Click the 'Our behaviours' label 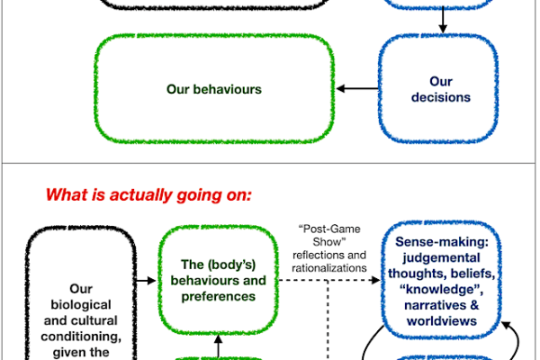tap(214, 89)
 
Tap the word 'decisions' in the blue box tap(441, 97)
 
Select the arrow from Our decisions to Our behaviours tap(357, 89)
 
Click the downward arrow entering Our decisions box tap(443, 20)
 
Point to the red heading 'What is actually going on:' tap(148, 195)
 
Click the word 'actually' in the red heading tap(141, 195)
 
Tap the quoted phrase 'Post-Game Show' tap(329, 235)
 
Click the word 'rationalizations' tap(329, 268)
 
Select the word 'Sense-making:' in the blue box tap(442, 242)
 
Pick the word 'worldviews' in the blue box tap(442, 321)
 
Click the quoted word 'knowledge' tap(442, 290)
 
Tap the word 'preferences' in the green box tap(219, 297)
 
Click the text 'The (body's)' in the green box tap(219, 265)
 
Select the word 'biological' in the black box tap(81, 305)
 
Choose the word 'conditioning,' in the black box tap(81, 337)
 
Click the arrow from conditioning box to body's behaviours tap(146, 281)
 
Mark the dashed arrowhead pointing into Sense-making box tap(376, 280)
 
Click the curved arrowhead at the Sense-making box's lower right tap(506, 325)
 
